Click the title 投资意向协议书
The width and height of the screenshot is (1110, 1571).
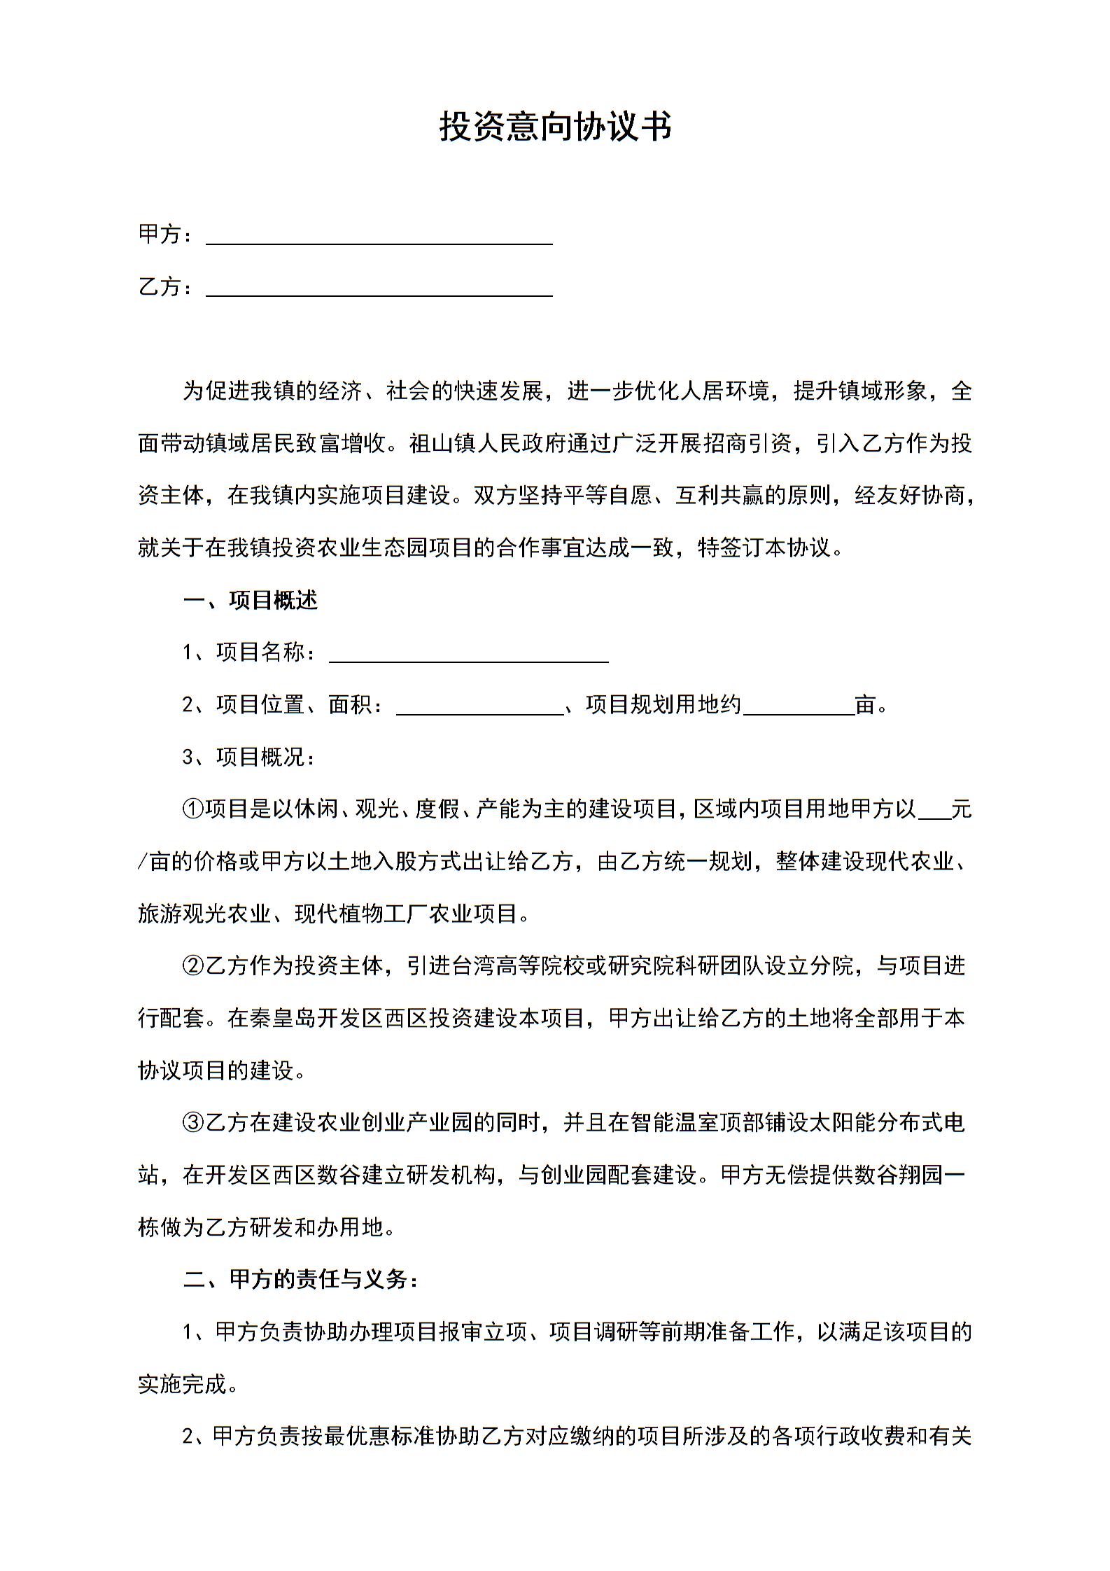pos(555,127)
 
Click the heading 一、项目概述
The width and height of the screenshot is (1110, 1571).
pos(250,600)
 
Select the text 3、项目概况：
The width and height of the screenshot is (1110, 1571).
pos(250,757)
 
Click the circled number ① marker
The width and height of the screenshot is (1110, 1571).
pos(192,809)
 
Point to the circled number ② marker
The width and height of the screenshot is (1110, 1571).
pos(192,966)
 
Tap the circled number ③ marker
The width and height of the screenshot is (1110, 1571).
pos(192,1123)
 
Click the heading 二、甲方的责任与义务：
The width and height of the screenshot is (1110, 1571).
pos(301,1280)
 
